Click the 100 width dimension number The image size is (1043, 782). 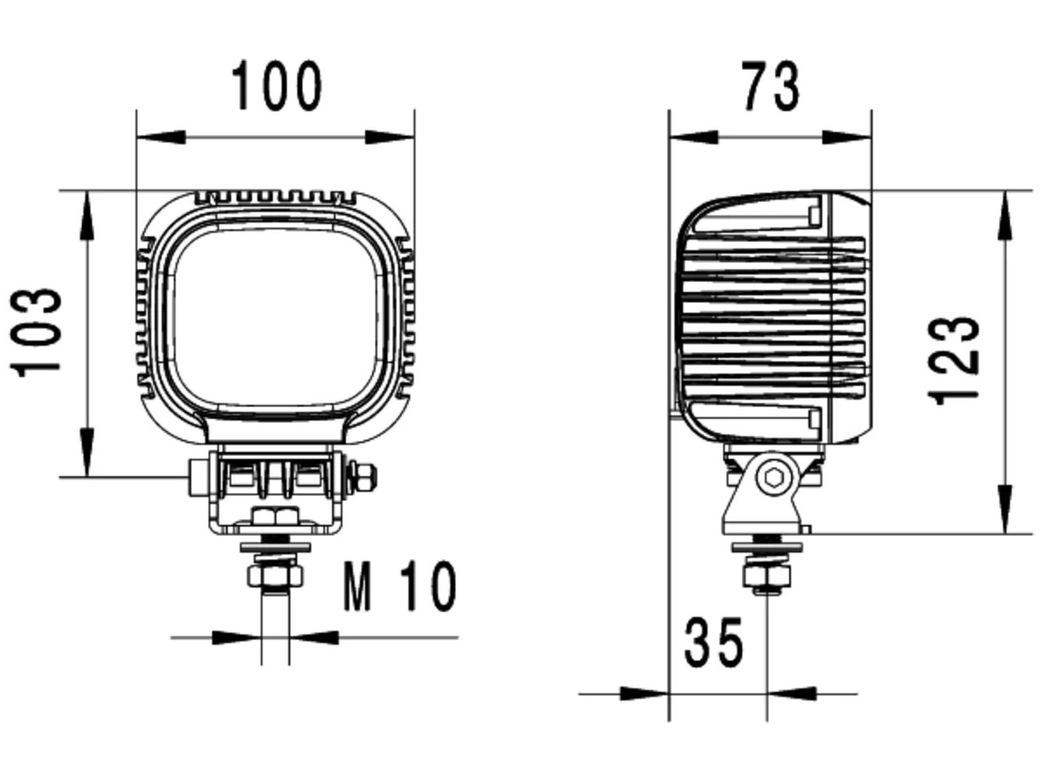(x=276, y=86)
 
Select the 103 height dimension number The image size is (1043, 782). (x=36, y=332)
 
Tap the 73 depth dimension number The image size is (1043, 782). (x=770, y=86)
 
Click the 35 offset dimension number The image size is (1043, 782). (x=713, y=643)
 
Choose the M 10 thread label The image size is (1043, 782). (x=399, y=586)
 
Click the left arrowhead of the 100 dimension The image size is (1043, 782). (x=161, y=137)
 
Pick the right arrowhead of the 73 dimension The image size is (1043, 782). (x=847, y=137)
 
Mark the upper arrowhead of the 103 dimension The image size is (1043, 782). (x=87, y=215)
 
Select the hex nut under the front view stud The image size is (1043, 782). (x=275, y=577)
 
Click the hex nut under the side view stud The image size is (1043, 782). (x=768, y=577)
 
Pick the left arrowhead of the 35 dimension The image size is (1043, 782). (x=645, y=694)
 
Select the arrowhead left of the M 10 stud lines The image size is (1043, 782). (x=236, y=638)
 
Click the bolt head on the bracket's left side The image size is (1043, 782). (x=200, y=477)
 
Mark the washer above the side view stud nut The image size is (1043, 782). (x=768, y=547)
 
